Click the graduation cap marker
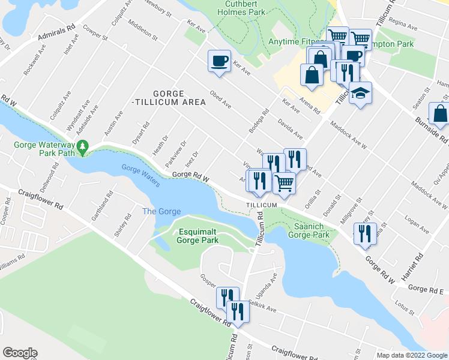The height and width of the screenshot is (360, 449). [x=360, y=94]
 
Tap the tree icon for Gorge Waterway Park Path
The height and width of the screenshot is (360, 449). [x=85, y=146]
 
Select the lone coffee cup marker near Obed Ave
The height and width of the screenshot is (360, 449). [x=218, y=61]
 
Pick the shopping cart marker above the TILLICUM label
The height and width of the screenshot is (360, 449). [x=284, y=182]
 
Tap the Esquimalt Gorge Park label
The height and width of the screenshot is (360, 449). [x=197, y=236]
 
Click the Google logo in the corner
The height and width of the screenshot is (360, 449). [x=20, y=353]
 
